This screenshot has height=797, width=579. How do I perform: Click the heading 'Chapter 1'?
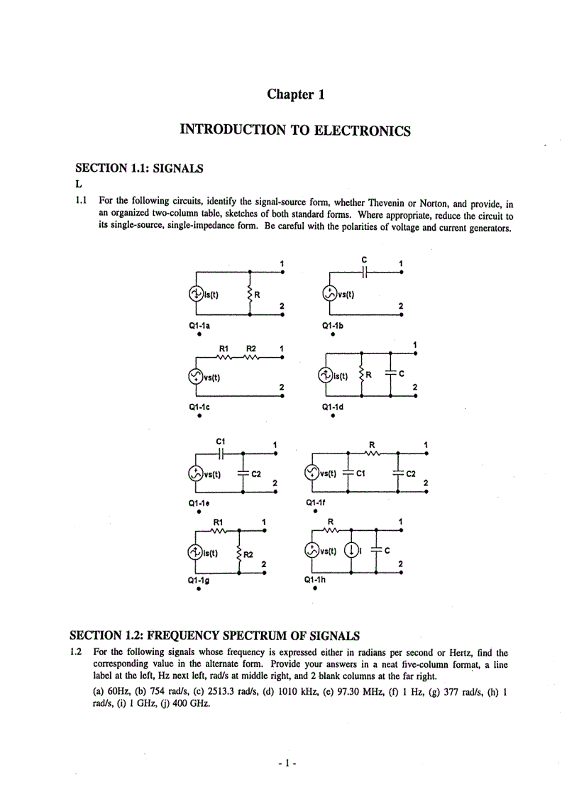pyautogui.click(x=295, y=94)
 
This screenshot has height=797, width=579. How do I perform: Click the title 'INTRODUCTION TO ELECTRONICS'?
pyautogui.click(x=295, y=131)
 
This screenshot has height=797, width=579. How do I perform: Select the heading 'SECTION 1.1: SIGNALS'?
pyautogui.click(x=139, y=169)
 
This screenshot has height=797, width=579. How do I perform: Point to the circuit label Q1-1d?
pyautogui.click(x=333, y=407)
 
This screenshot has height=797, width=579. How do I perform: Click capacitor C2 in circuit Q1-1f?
pyautogui.click(x=398, y=473)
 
